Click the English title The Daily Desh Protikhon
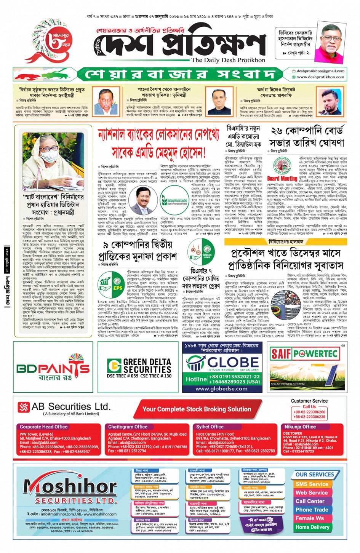click(228, 60)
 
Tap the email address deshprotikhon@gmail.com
click(320, 71)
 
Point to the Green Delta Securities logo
click(139, 366)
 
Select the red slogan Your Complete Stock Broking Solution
click(197, 409)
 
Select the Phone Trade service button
click(312, 510)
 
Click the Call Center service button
click(310, 501)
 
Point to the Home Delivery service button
click(312, 527)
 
